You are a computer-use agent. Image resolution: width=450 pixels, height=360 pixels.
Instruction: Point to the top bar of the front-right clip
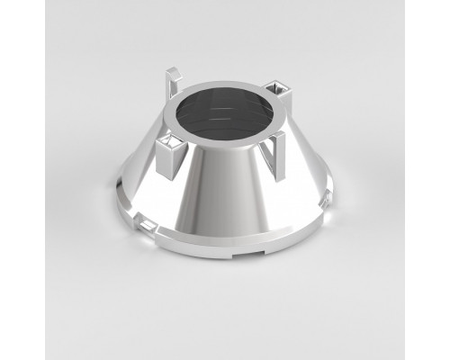(x=274, y=136)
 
